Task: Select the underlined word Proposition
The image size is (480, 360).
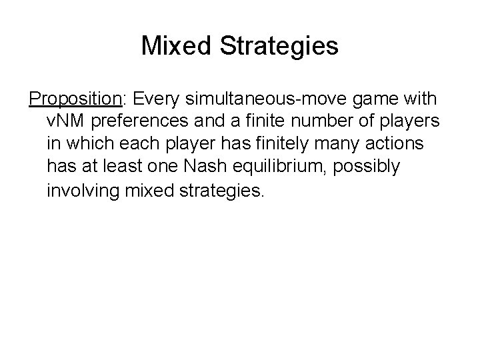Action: pos(74,100)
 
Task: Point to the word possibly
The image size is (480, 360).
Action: pos(371,166)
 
